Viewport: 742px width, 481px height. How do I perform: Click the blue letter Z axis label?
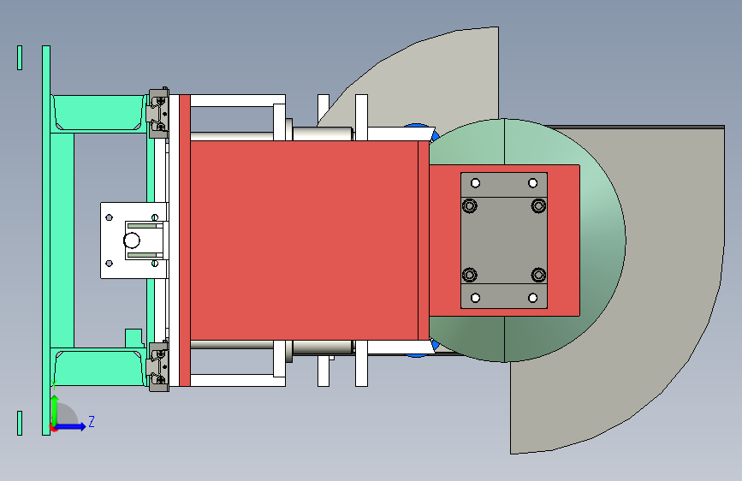(92, 421)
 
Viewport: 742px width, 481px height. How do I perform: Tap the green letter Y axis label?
(54, 385)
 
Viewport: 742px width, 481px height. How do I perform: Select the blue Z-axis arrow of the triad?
(71, 426)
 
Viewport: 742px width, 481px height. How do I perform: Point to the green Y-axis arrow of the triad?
(55, 410)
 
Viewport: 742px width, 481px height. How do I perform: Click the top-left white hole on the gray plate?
(476, 183)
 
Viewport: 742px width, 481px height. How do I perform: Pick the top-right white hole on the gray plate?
(533, 183)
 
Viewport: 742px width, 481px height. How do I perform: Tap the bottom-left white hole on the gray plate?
(476, 298)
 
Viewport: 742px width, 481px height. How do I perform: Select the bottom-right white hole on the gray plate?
(533, 298)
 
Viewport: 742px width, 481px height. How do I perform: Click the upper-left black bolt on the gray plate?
(470, 206)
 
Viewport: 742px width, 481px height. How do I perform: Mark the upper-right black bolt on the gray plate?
(538, 206)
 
